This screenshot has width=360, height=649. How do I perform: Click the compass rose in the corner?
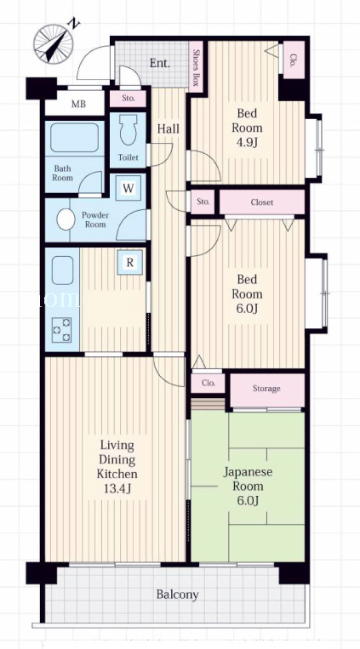coord(54,43)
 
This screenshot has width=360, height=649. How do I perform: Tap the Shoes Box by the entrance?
coord(196,65)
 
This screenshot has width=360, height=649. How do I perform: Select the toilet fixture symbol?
coord(128,129)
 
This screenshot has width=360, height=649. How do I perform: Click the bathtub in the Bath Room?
coord(75,138)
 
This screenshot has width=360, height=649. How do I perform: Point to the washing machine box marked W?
coord(129,188)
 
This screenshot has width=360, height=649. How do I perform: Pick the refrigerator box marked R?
coord(129,263)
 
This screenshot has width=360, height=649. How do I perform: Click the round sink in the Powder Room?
coord(66,219)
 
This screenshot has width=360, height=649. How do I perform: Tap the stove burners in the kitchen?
coord(61,329)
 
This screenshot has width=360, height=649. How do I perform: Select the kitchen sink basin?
coord(63,270)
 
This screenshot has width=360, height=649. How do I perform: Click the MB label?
coord(78,104)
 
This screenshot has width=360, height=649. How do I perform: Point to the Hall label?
coord(169,128)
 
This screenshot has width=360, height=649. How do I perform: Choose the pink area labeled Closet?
coord(262,202)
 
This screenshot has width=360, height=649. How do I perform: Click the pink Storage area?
coord(267,390)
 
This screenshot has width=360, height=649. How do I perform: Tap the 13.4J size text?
coord(117,489)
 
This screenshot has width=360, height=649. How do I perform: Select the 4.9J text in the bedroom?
coord(247,143)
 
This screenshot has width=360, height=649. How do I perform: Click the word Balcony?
coord(177,595)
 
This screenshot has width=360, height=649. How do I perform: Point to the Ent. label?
coord(160,63)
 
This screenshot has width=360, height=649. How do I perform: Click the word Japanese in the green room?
coord(248,472)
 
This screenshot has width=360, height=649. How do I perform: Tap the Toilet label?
coord(129,157)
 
